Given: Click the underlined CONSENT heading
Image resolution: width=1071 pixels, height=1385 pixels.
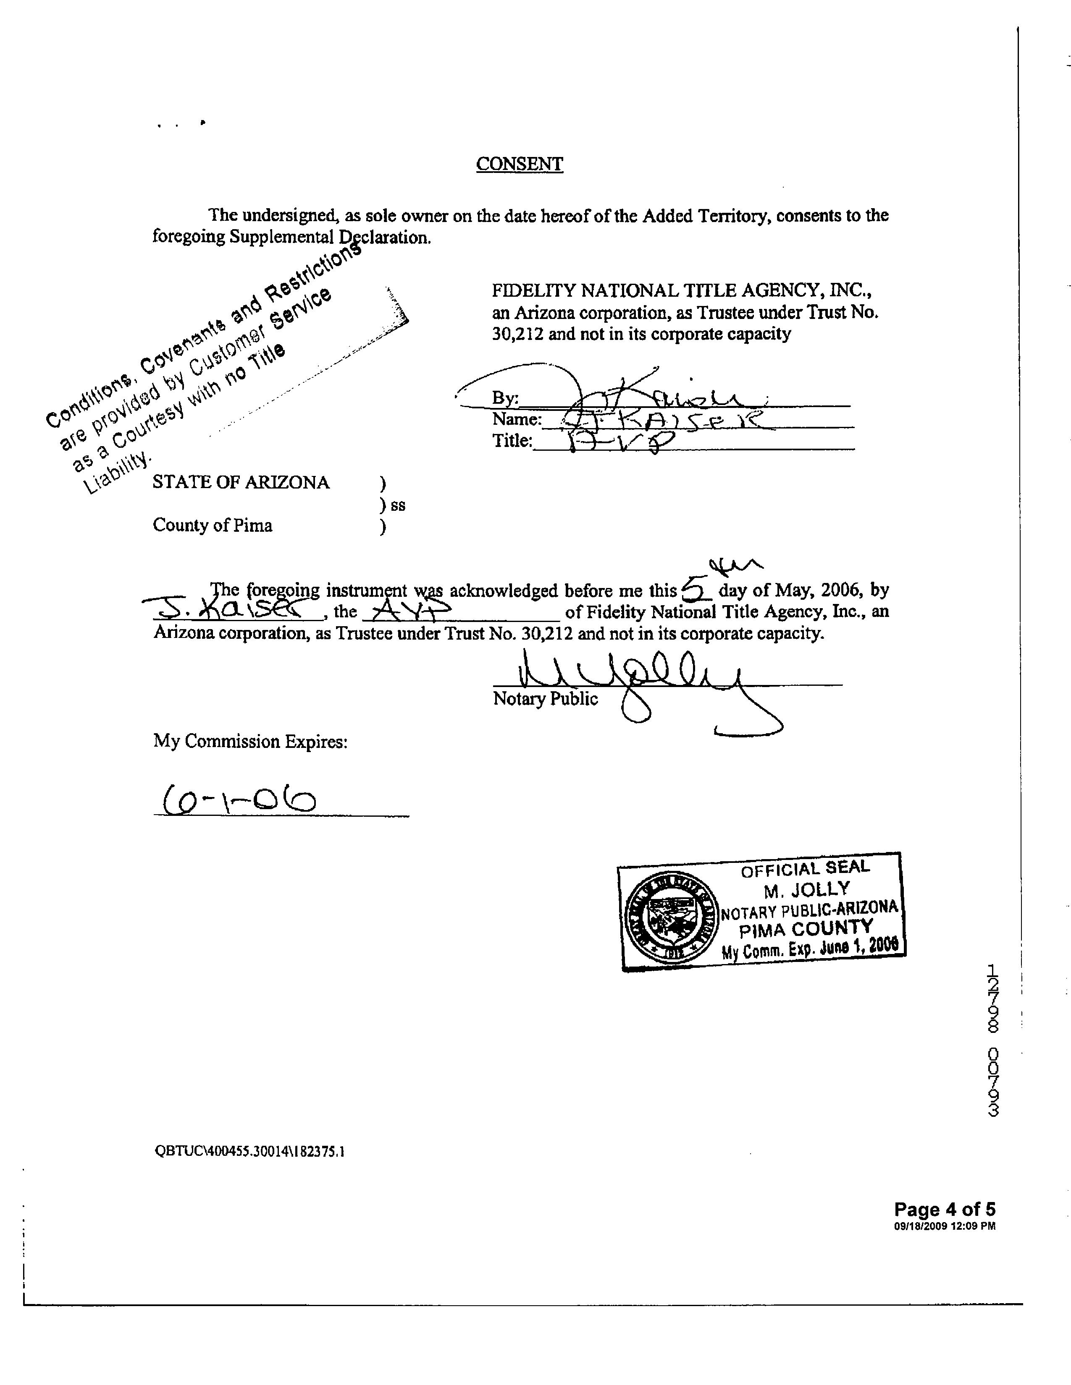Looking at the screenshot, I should pyautogui.click(x=519, y=164).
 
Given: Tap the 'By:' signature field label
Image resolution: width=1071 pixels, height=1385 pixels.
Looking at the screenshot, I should pyautogui.click(x=505, y=398).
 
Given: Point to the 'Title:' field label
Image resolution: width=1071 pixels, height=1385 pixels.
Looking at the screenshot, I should pyautogui.click(x=512, y=441).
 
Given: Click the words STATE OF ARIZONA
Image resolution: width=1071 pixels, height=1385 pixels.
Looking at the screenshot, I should pyautogui.click(x=241, y=483).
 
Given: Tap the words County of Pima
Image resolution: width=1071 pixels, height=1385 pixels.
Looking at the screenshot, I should pyautogui.click(x=213, y=526).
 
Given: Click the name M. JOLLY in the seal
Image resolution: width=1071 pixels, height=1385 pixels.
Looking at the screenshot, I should pyautogui.click(x=806, y=890).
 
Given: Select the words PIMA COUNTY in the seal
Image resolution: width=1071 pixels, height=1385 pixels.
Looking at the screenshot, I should pyautogui.click(x=806, y=929).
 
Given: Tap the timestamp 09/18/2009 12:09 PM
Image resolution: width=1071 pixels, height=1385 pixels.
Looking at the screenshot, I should pyautogui.click(x=944, y=1226).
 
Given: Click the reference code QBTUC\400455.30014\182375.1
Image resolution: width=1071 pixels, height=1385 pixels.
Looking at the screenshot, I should pyautogui.click(x=250, y=1151).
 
